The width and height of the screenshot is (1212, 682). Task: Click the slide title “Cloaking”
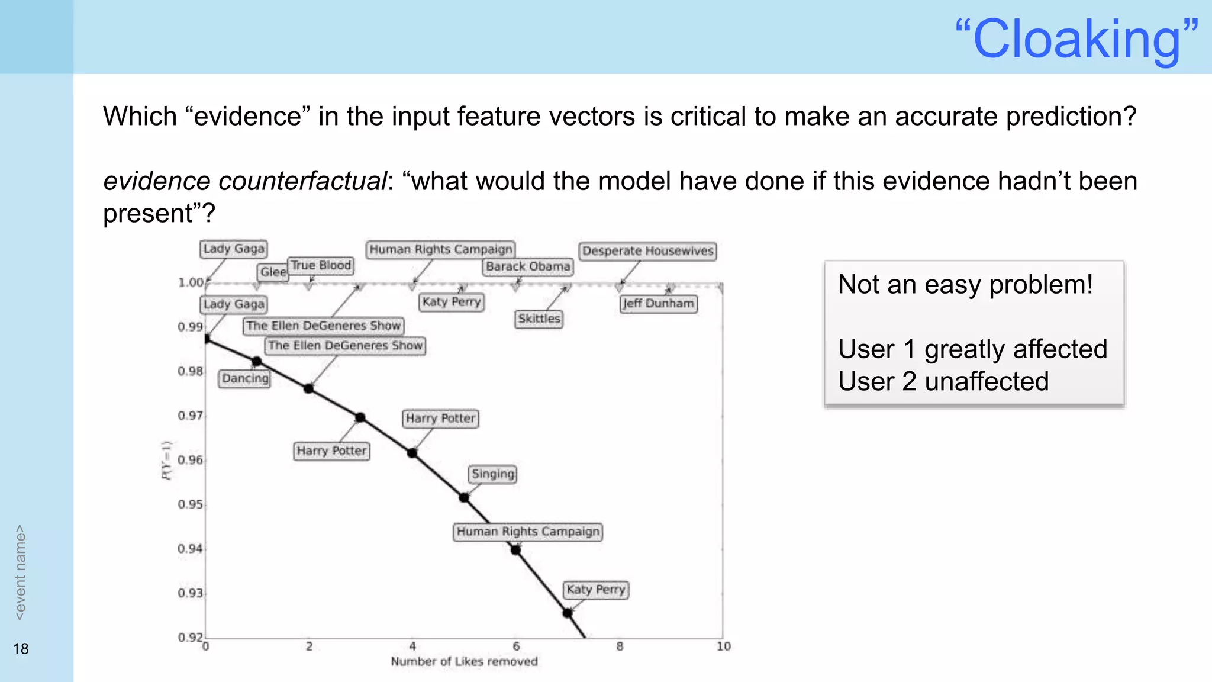coord(1076,39)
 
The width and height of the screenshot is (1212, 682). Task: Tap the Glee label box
coord(273,272)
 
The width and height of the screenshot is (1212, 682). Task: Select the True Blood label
coord(321,265)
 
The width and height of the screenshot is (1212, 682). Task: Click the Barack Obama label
coord(528,266)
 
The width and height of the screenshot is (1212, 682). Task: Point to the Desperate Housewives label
coord(647,251)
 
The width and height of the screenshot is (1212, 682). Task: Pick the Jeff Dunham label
coord(658,303)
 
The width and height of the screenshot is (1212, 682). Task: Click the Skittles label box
coord(539,319)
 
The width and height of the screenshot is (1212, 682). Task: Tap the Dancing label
coord(245,378)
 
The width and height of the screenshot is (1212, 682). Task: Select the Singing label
coord(493,474)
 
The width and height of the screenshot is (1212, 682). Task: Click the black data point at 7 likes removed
coord(568,613)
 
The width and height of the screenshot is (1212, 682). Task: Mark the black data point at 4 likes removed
coord(412,453)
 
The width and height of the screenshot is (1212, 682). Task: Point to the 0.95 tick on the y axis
coord(190,504)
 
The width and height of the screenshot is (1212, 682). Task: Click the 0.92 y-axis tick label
coord(190,637)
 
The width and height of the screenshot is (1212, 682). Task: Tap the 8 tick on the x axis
coord(620,646)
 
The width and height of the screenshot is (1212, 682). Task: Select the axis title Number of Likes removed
coord(464,661)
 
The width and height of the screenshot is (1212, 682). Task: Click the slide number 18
coord(21,649)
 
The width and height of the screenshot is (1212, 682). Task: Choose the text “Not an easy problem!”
coord(965,284)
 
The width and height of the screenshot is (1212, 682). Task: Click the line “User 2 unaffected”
coord(943,381)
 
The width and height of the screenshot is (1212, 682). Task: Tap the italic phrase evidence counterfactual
coord(244,181)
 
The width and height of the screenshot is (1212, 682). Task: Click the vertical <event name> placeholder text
coord(20,572)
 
